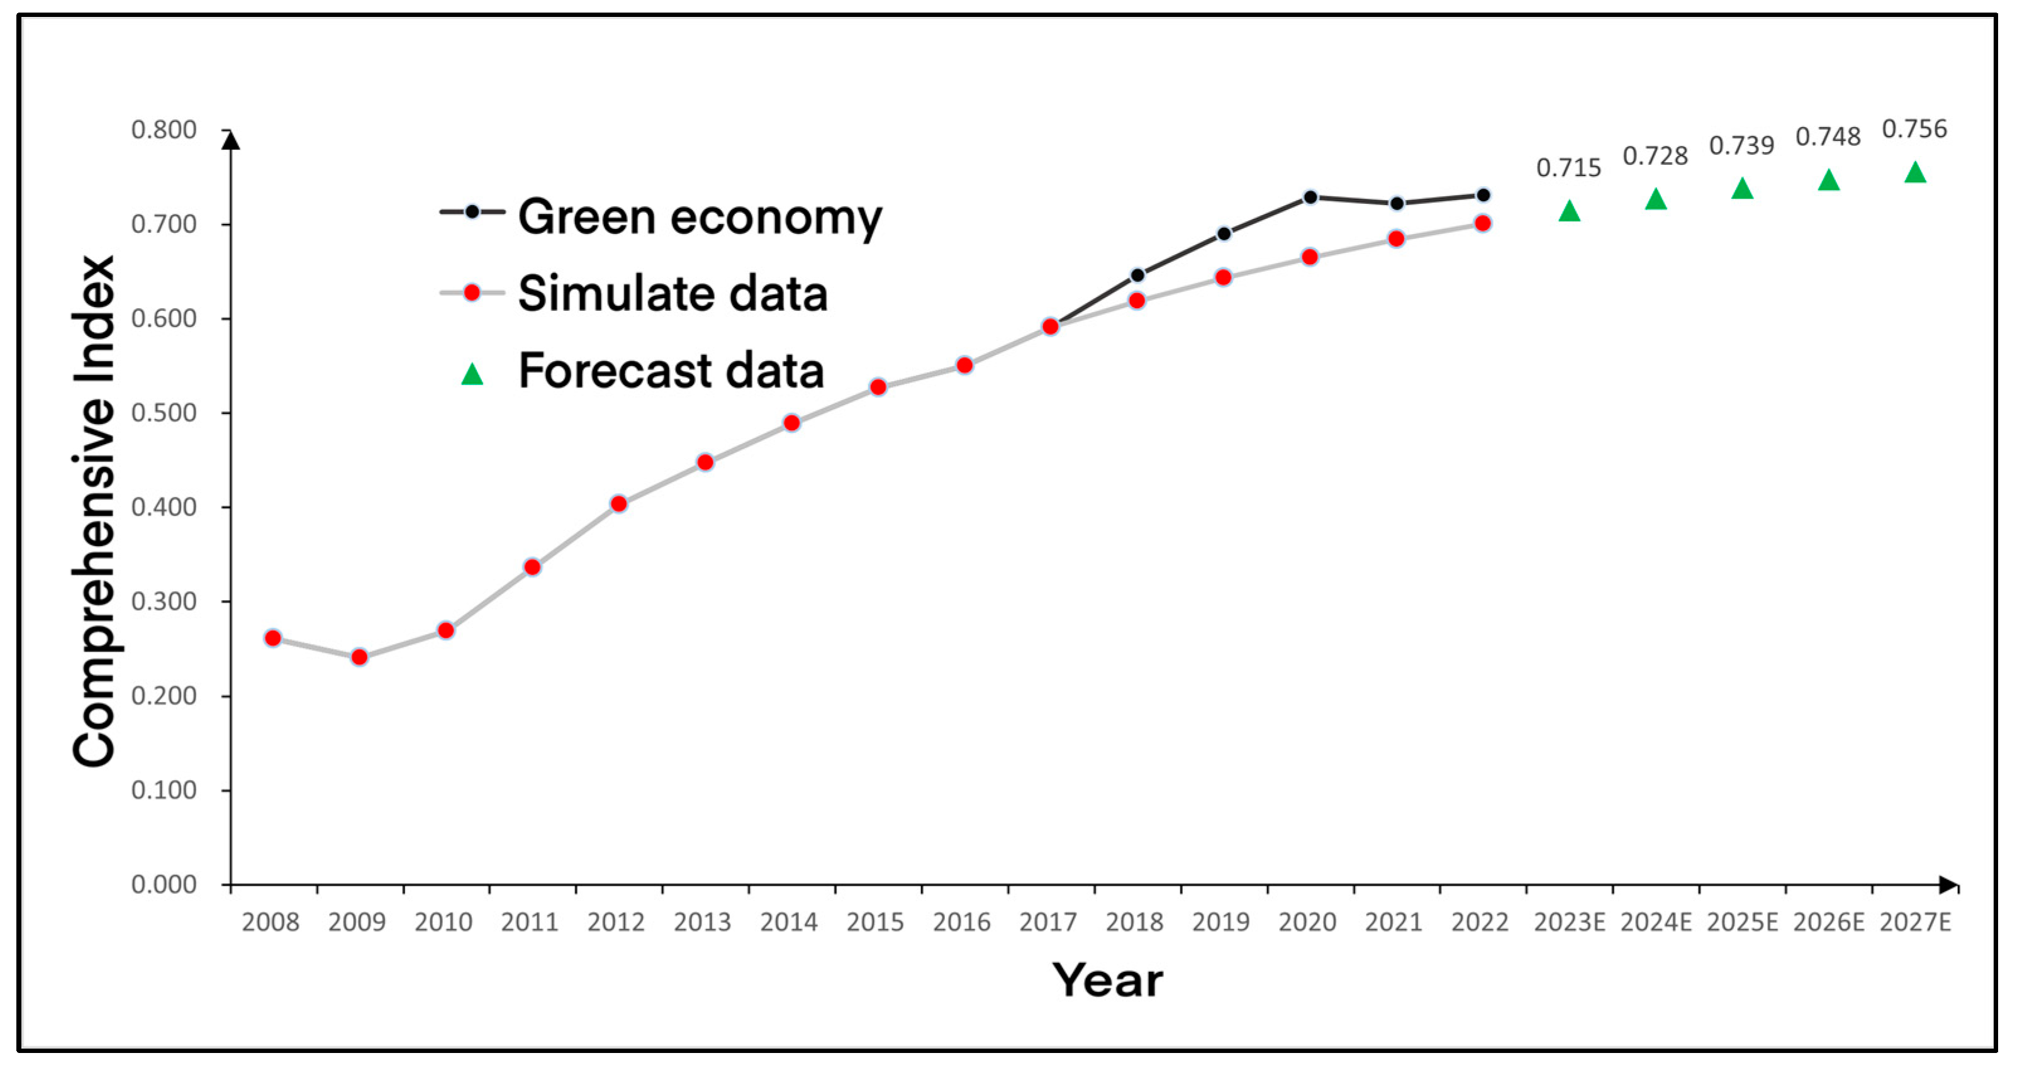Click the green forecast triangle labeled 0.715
pos(1568,211)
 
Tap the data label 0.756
pos(1914,129)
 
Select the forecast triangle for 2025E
pos(1741,189)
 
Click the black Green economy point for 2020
pos(1310,198)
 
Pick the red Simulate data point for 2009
pos(359,657)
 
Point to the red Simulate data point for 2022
pos(1482,223)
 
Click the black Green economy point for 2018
pos(1137,275)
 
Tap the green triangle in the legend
pos(472,374)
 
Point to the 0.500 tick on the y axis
pos(164,413)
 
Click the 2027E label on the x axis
pos(1914,922)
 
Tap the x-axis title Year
pos(1107,980)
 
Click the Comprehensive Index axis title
pos(94,511)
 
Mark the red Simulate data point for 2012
pos(618,503)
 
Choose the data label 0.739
pos(1741,146)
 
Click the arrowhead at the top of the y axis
pos(230,140)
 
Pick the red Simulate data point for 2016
pos(964,365)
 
